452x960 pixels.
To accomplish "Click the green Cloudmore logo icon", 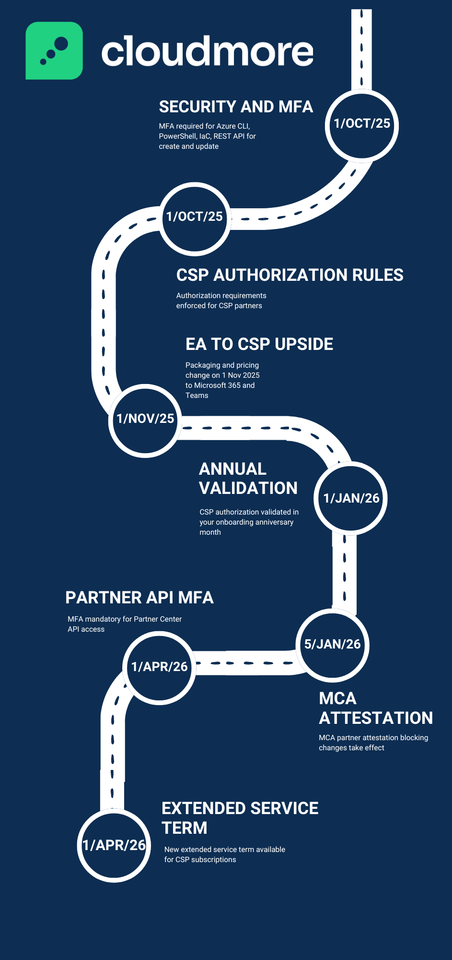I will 54,50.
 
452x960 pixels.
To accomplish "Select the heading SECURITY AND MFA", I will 236,107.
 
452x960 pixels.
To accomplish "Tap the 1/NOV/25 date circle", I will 145,419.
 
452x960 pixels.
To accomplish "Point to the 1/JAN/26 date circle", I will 351,498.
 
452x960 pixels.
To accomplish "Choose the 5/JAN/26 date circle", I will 332,644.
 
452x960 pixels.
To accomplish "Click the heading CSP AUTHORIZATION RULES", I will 290,275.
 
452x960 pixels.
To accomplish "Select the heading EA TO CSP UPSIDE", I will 259,344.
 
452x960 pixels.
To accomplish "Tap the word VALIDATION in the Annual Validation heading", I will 248,488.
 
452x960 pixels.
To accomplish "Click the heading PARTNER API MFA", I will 139,598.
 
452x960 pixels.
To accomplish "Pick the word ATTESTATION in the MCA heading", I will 376,718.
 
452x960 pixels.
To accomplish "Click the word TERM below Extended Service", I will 185,828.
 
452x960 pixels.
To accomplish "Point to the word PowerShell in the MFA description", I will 178,136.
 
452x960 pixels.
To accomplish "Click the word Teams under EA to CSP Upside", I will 197,396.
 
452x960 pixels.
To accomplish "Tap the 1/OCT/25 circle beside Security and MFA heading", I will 362,124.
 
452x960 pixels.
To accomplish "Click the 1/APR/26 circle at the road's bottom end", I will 114,845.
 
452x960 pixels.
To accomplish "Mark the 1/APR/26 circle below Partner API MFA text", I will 160,667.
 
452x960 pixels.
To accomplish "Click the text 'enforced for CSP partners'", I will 219,306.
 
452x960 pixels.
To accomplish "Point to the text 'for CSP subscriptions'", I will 200,860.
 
